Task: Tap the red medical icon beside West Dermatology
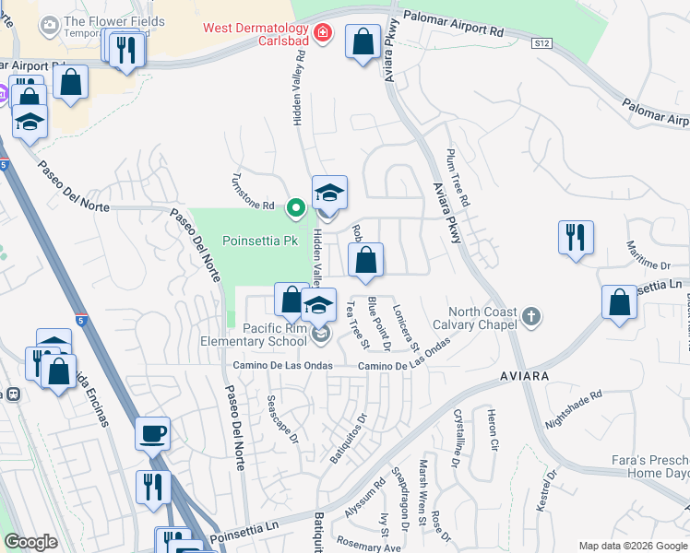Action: point(322,34)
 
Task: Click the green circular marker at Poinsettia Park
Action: point(295,208)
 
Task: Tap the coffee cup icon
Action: point(152,431)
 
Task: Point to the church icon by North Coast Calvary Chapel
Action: point(530,318)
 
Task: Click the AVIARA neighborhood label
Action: point(524,377)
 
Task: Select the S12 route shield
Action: point(543,43)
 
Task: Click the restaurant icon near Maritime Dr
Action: point(576,237)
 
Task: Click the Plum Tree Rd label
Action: point(458,178)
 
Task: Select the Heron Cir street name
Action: point(493,430)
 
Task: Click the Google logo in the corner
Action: point(30,542)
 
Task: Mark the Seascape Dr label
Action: point(282,420)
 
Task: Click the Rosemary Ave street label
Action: point(369,547)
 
